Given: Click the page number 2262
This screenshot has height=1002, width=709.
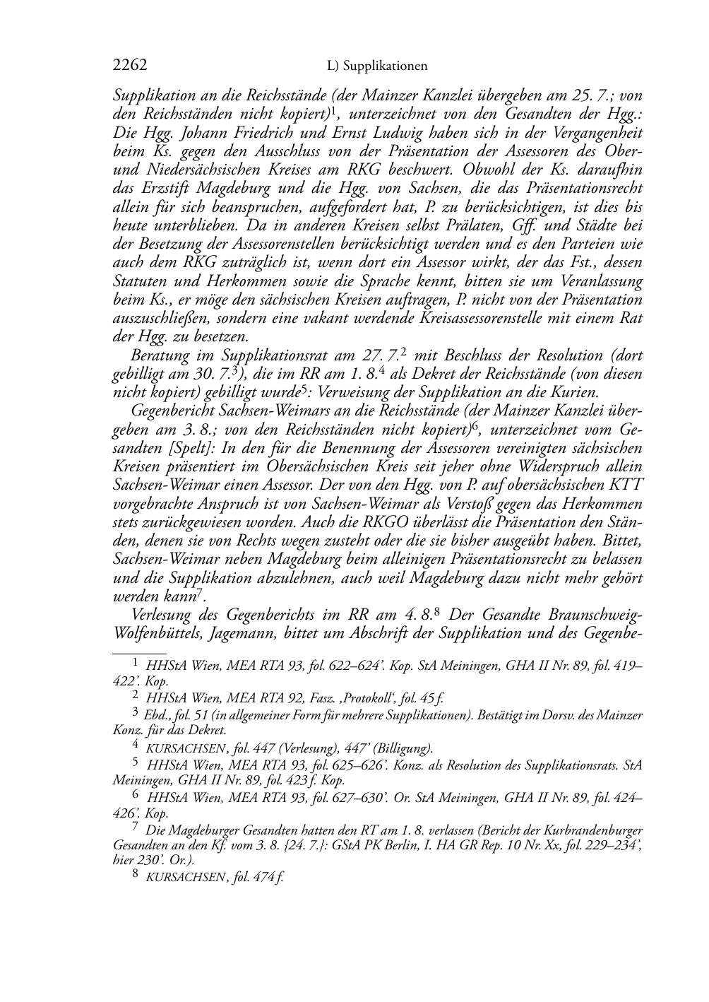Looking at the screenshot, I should tap(130, 66).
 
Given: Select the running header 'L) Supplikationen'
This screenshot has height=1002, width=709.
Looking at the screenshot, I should tap(378, 66).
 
